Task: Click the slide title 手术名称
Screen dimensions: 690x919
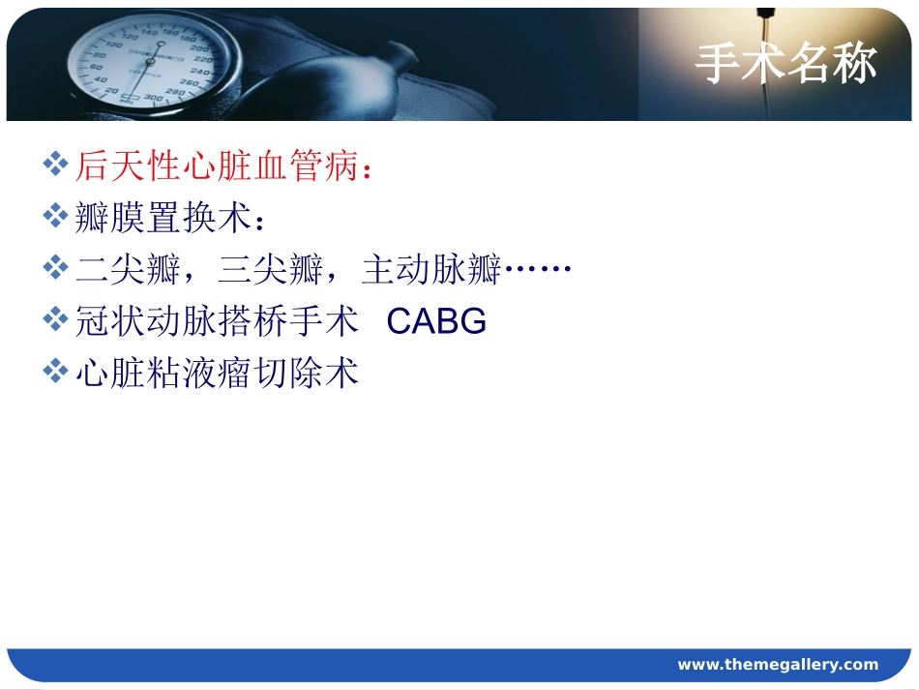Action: click(786, 64)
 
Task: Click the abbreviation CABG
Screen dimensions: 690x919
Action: click(436, 321)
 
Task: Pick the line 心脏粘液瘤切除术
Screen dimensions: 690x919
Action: click(217, 373)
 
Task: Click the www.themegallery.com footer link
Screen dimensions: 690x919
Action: click(778, 664)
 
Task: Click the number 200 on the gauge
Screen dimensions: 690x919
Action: click(200, 47)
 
